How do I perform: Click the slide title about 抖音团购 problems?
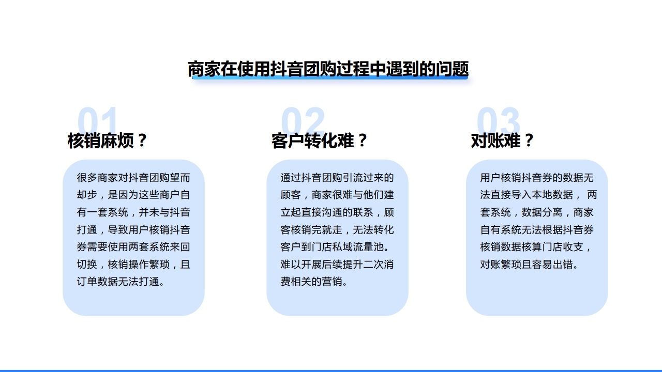tap(328, 69)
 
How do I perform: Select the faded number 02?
tap(303, 122)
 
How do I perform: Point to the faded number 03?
tap(498, 122)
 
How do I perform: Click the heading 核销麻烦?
tap(101, 141)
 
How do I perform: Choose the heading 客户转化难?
tap(312, 141)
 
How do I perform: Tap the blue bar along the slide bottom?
tap(331, 370)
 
